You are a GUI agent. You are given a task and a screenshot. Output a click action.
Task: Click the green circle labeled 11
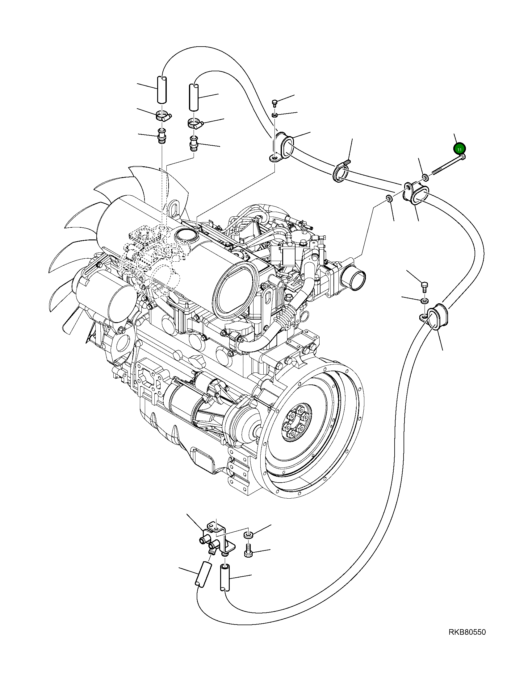[459, 149]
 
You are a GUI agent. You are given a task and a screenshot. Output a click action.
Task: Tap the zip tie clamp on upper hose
[340, 172]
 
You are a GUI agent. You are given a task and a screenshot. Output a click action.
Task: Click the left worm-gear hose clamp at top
[163, 116]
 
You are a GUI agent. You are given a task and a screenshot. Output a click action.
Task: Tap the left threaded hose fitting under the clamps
[162, 136]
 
